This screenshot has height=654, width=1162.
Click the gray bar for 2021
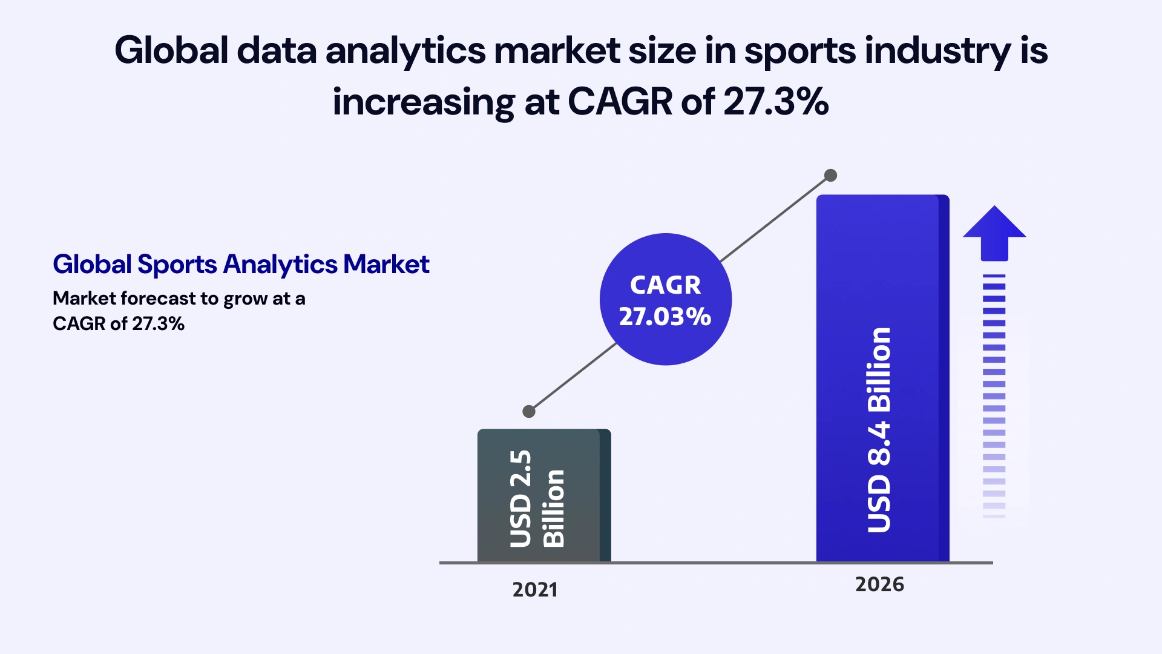[x=543, y=495]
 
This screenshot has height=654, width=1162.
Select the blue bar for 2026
[x=882, y=378]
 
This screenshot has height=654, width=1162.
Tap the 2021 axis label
[x=535, y=590]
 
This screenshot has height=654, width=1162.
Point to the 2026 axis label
[x=879, y=584]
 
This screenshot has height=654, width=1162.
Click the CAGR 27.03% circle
[x=665, y=300]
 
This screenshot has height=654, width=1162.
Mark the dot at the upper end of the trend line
[x=831, y=176]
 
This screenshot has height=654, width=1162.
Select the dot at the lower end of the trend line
[x=529, y=412]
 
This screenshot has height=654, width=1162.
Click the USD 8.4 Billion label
[x=879, y=430]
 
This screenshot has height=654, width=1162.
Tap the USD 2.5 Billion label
[x=537, y=498]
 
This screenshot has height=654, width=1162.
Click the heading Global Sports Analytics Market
[x=241, y=265]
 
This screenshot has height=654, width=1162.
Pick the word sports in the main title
[x=799, y=51]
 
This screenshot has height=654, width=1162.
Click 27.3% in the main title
[x=776, y=102]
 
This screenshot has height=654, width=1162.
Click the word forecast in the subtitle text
[x=159, y=299]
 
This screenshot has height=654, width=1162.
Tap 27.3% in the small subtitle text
[x=158, y=324]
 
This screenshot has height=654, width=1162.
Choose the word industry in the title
[x=937, y=51]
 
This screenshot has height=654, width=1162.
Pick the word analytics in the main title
[x=405, y=51]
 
